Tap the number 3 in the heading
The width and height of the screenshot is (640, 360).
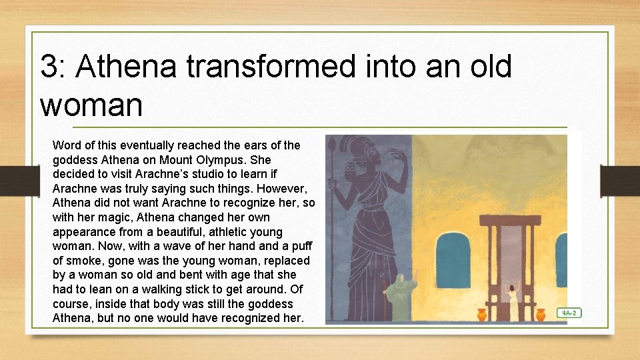49,67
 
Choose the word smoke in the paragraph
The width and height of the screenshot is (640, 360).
83,261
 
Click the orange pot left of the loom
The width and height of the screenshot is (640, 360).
482,314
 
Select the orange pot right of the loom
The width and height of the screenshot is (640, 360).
541,314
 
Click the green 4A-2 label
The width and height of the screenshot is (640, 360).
569,312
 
